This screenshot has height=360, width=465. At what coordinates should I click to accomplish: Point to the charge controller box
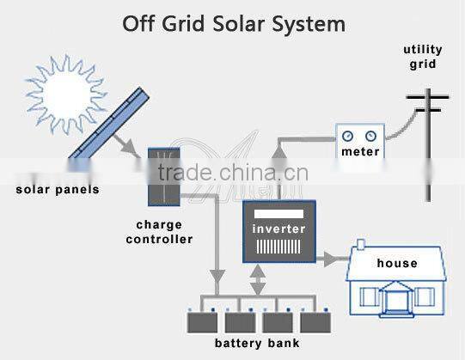(x=162, y=176)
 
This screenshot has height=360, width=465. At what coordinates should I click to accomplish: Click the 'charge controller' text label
(x=159, y=232)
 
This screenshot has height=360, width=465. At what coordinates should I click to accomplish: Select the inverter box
(x=279, y=230)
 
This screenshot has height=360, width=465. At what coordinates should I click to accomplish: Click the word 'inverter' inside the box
(x=278, y=229)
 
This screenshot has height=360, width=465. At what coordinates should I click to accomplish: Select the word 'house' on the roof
(x=397, y=263)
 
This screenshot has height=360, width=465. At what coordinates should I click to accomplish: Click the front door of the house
(x=396, y=300)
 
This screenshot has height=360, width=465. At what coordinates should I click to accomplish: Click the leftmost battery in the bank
(x=204, y=322)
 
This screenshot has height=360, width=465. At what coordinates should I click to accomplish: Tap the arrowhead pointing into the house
(x=341, y=255)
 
